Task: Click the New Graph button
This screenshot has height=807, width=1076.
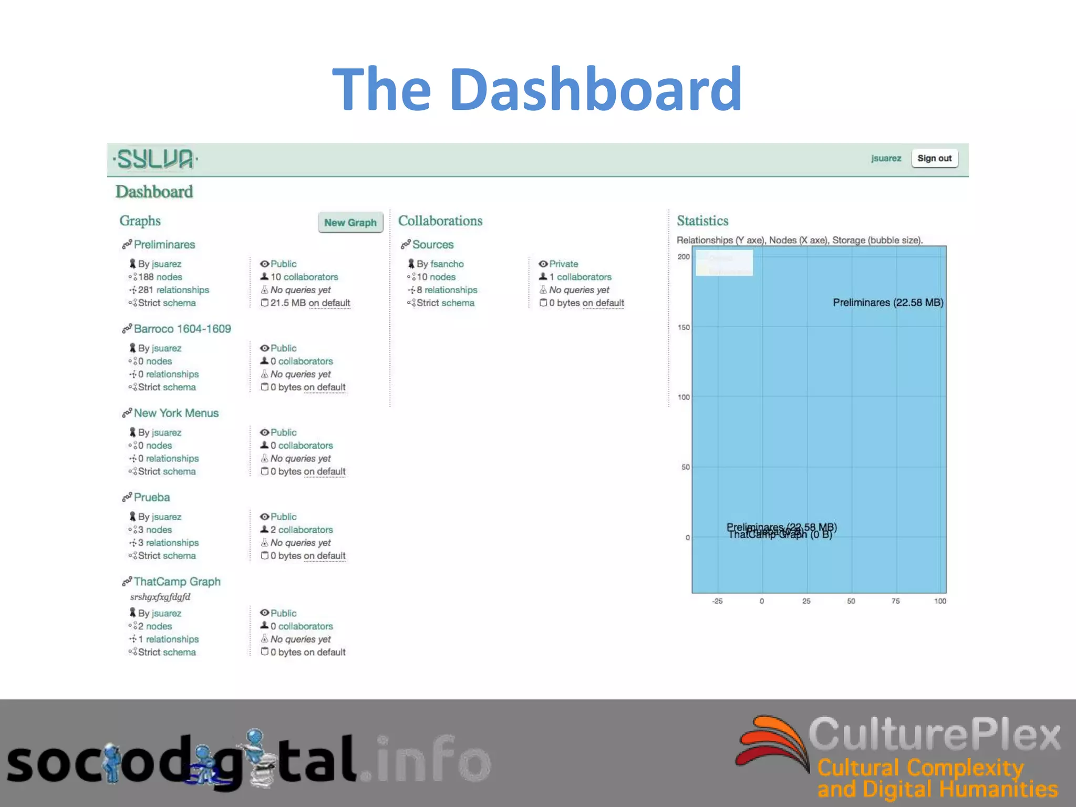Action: [350, 222]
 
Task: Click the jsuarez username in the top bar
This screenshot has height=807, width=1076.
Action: [886, 158]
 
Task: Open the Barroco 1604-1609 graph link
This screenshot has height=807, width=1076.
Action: [182, 329]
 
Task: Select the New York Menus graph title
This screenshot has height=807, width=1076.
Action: [176, 413]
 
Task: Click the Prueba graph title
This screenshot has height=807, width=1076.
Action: [152, 497]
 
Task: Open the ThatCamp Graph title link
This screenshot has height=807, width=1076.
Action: [177, 582]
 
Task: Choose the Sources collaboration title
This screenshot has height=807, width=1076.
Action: [432, 244]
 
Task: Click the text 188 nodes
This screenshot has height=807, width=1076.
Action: [160, 277]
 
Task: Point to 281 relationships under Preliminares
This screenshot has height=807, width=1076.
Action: [173, 290]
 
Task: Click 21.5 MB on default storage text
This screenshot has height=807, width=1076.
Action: [310, 303]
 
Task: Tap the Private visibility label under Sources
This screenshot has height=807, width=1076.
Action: [563, 264]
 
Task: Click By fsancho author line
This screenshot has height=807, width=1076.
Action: [440, 264]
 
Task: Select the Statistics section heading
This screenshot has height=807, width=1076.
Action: [702, 221]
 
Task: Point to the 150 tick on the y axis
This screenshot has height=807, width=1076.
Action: [684, 327]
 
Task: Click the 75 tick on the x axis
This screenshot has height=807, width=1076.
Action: [895, 601]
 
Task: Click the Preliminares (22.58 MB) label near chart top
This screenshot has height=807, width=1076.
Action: [888, 303]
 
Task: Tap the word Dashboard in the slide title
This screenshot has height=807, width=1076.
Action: [595, 89]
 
